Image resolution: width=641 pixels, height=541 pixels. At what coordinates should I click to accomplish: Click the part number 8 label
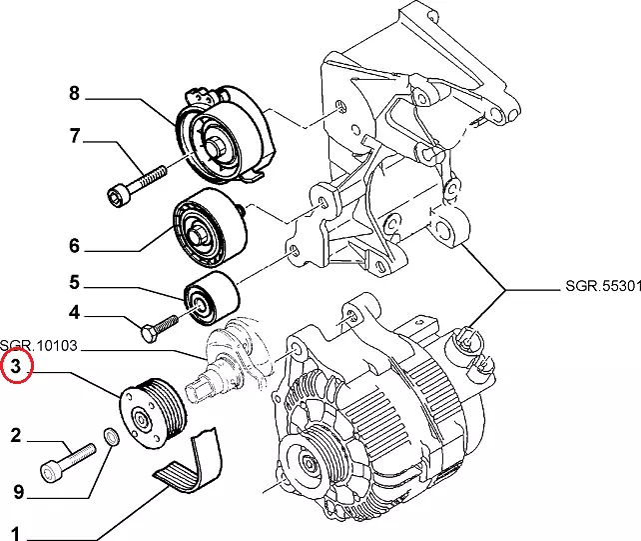(74, 95)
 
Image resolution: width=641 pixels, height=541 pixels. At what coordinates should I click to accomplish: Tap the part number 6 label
(74, 245)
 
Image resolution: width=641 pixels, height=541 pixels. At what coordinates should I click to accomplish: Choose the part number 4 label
(74, 312)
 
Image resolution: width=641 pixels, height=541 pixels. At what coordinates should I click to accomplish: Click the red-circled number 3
(16, 369)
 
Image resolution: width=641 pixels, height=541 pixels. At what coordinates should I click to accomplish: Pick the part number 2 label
(16, 434)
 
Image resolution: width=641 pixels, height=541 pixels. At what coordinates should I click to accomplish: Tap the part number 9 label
(16, 491)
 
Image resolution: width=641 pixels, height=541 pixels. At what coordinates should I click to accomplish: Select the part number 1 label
(16, 532)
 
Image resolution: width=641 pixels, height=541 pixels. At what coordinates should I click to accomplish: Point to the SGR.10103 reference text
(38, 346)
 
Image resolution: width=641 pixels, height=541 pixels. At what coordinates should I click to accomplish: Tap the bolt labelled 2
(66, 459)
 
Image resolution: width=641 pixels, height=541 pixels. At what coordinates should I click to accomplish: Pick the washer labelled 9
(110, 437)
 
